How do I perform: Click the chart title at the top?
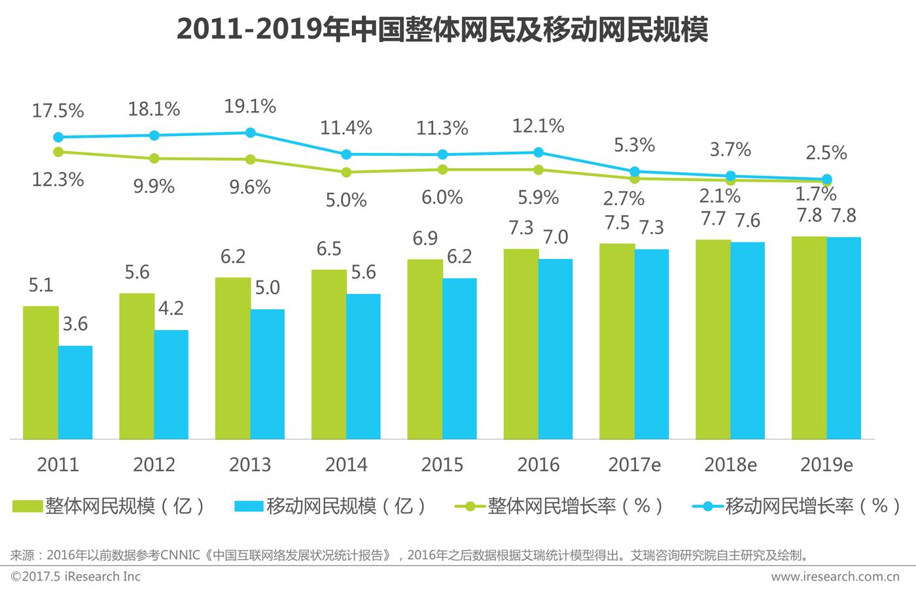(442, 29)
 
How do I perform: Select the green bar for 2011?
(41, 373)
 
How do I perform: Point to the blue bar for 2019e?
(844, 338)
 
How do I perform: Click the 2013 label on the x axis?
(250, 465)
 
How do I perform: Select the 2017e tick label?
(634, 465)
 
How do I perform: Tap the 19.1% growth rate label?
(250, 106)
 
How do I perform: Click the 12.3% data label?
(58, 179)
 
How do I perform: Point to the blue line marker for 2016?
(538, 152)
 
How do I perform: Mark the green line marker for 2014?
(346, 172)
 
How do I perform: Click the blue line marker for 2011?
(58, 137)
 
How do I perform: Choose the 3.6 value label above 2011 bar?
(75, 324)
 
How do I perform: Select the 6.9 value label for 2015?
(425, 239)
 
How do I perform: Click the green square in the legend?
(27, 506)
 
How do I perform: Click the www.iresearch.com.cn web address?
(835, 577)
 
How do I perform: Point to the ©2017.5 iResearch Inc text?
(76, 577)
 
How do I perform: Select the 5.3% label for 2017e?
(634, 145)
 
